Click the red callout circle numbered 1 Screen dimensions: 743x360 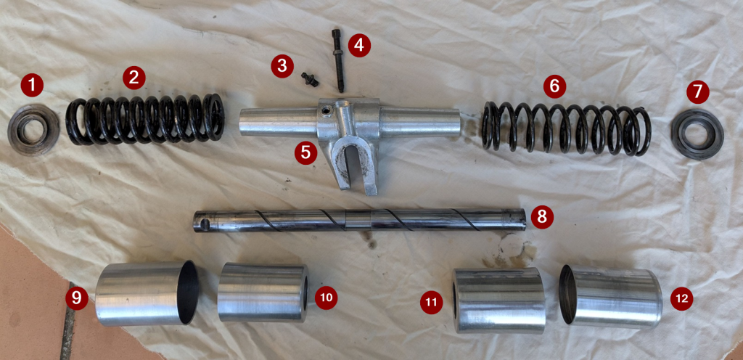[32, 86]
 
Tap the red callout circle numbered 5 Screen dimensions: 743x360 [305, 153]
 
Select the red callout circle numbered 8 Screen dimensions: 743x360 [542, 217]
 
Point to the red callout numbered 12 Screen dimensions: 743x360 [681, 299]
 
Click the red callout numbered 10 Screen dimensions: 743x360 [326, 298]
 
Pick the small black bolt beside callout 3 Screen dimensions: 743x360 [310, 79]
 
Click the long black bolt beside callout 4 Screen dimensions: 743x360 [338, 60]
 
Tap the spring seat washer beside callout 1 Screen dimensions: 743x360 [33, 129]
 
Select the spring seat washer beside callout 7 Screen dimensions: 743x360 [697, 134]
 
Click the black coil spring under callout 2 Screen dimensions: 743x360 [145, 119]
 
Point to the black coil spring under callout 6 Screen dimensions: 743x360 [566, 128]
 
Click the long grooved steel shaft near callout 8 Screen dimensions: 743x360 [359, 220]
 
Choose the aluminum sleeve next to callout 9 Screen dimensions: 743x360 [147, 293]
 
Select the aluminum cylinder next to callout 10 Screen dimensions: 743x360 [263, 292]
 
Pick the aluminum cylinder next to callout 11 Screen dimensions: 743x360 [499, 300]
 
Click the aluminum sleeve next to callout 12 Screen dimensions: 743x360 [611, 297]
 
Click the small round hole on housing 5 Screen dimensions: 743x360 [324, 112]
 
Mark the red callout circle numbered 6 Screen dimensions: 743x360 [554, 86]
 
